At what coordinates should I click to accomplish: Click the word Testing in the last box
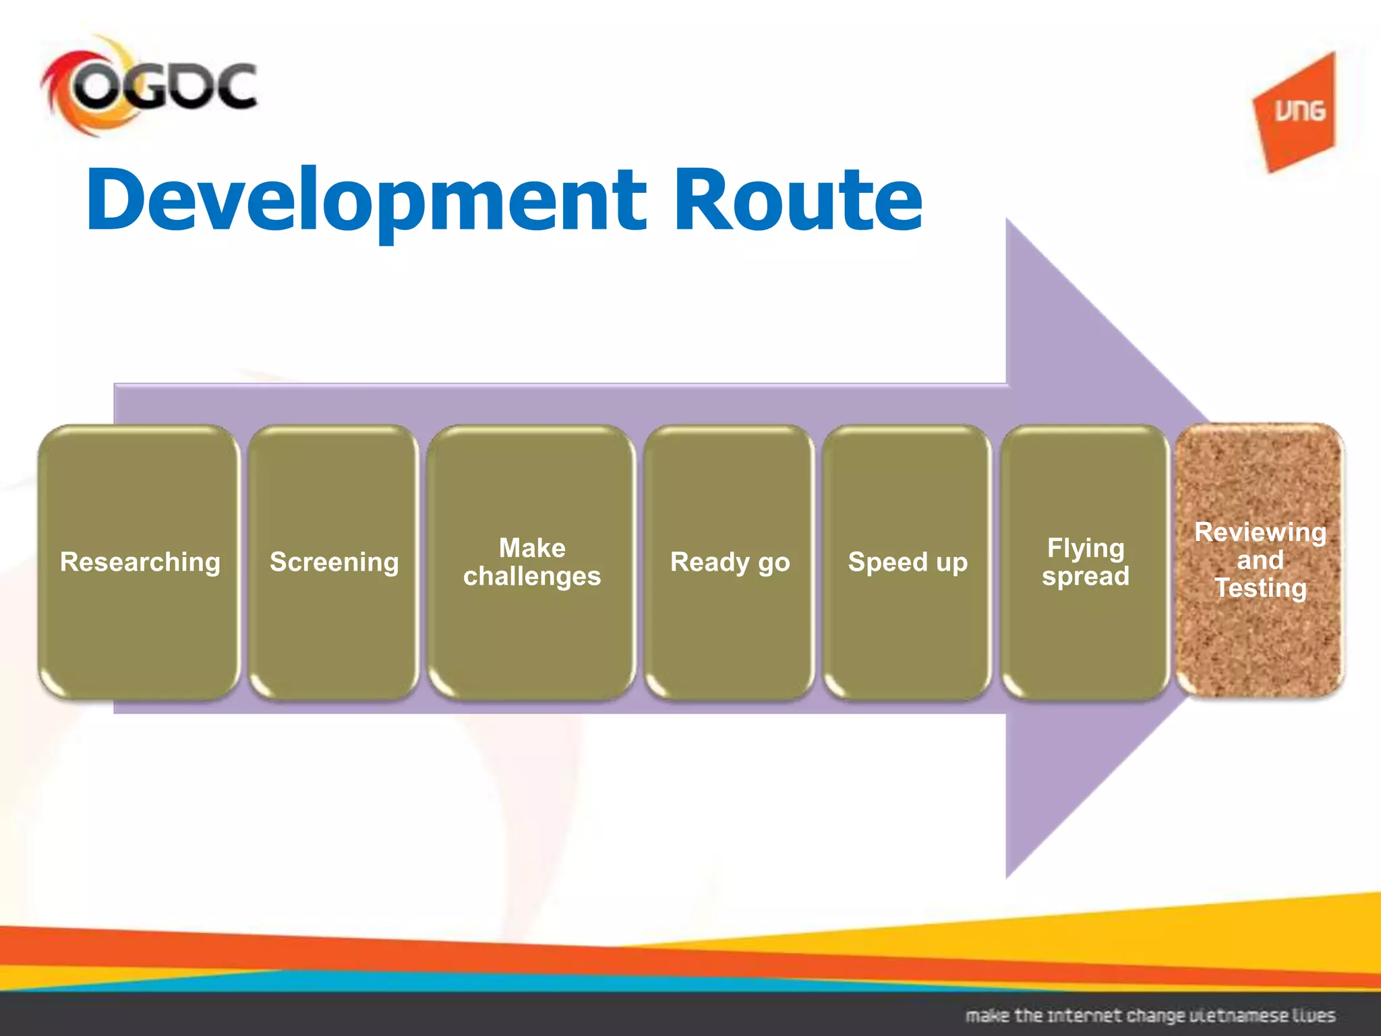click(1260, 588)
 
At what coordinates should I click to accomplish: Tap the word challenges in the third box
click(531, 577)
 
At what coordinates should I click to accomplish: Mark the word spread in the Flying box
click(1085, 577)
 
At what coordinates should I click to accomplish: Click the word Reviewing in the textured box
click(1260, 532)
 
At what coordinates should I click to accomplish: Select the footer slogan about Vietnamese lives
click(1150, 1015)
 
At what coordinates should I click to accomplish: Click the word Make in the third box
click(531, 548)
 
